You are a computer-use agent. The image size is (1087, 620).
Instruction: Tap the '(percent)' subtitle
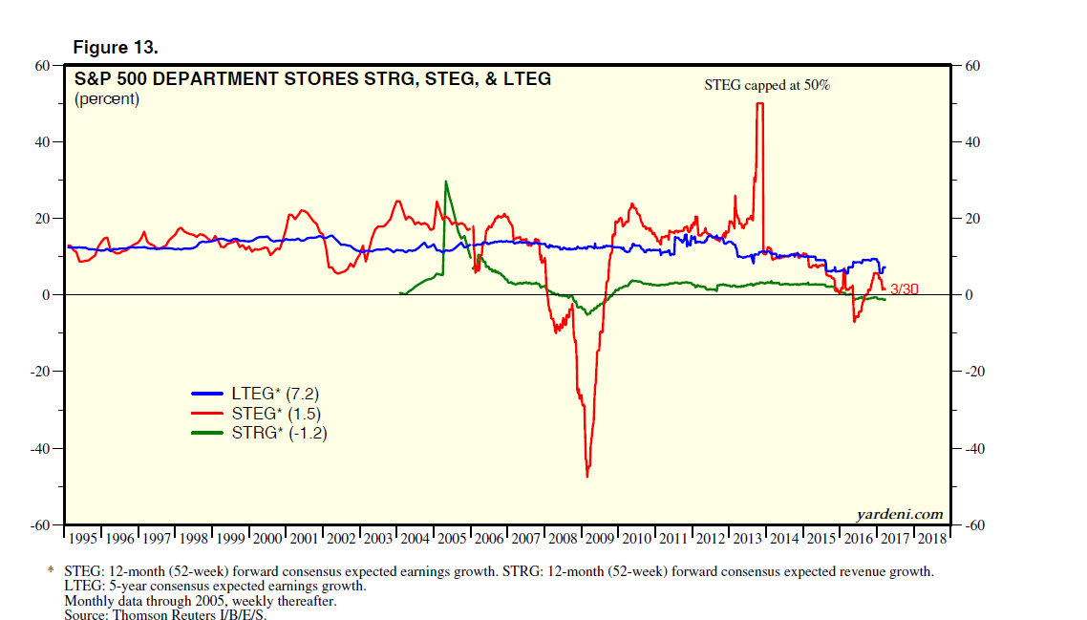(107, 98)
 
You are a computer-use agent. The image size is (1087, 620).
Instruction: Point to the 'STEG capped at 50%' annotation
(767, 85)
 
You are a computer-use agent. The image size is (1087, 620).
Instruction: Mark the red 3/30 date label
(904, 289)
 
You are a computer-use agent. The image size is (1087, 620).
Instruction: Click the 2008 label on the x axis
(563, 539)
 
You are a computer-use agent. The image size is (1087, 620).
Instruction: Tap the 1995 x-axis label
(83, 539)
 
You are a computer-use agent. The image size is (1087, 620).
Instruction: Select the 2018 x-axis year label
(930, 539)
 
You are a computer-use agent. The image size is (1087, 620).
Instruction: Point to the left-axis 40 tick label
(43, 142)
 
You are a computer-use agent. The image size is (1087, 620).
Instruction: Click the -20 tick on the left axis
(40, 372)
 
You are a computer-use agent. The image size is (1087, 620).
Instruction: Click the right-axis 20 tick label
(973, 219)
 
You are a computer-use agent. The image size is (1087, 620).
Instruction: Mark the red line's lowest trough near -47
(587, 476)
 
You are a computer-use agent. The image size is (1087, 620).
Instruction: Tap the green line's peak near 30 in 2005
(446, 182)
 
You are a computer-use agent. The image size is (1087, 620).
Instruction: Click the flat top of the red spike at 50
(760, 103)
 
